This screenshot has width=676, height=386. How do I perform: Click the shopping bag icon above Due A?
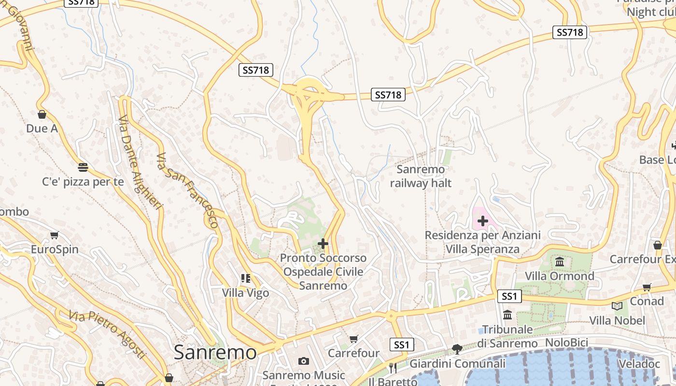coord(42,114)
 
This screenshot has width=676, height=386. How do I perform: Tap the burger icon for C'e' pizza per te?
coord(83,167)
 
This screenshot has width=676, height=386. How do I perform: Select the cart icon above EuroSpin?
coord(54,235)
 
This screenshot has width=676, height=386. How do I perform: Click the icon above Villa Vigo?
coord(245,278)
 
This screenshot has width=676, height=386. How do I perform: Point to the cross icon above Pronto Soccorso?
coord(323,244)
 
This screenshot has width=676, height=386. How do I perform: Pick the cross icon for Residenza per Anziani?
coord(482,221)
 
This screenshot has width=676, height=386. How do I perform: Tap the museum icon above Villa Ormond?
coord(560,262)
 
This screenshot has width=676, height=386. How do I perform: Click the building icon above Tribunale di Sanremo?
coord(507,315)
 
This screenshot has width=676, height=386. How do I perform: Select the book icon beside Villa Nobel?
coord(617,306)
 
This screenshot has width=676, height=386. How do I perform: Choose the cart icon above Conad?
coord(647,287)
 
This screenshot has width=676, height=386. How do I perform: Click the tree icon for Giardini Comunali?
coord(457,349)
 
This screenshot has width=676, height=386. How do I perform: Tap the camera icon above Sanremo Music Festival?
coord(303,361)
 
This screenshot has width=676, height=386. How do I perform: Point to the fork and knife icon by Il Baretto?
coord(393,368)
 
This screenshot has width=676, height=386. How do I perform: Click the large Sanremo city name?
coord(215,352)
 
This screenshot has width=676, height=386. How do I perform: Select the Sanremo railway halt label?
coord(421,176)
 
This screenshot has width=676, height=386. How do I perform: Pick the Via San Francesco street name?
coord(187,190)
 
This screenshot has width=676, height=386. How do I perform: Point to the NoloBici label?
coord(566,343)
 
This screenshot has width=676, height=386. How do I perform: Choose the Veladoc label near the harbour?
coord(638,364)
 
